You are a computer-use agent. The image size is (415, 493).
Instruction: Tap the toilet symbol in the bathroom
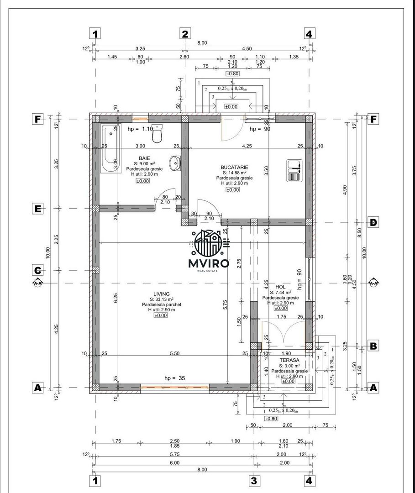157,134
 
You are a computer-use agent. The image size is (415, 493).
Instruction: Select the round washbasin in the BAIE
175,162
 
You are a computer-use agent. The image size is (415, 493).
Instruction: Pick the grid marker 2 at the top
185,34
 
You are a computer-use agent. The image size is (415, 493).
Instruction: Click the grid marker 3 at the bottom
254,480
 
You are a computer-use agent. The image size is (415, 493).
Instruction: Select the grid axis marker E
38,209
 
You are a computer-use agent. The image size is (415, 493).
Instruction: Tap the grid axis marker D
373,222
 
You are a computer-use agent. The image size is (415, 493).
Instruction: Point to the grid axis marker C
38,270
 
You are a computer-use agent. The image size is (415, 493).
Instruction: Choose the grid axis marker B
373,346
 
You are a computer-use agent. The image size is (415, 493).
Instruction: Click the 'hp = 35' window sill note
175,378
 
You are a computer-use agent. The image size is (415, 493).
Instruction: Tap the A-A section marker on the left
38,283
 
